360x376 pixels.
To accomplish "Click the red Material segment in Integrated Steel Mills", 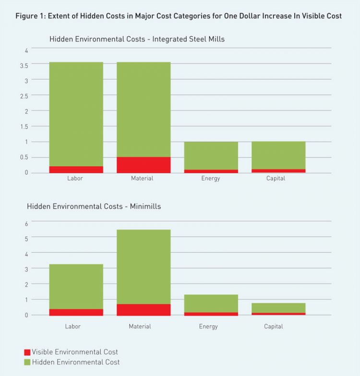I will [144, 165].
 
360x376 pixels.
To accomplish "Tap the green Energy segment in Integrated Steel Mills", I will [211, 156].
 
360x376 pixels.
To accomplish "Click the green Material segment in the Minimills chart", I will [144, 267].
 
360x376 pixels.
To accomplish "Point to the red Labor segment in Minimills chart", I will [76, 312].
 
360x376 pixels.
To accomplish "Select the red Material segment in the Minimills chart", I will [144, 310].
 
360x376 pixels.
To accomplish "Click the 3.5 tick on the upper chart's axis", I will [24, 65].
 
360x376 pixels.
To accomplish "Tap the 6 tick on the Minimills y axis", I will [26, 223].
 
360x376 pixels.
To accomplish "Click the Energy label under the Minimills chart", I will [209, 327].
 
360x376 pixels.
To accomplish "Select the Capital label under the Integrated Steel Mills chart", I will [276, 179].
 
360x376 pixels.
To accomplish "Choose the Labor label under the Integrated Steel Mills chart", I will [74, 179].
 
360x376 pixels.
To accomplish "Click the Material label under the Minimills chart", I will [140, 327].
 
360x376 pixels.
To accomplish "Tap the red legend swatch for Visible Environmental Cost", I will [27, 352].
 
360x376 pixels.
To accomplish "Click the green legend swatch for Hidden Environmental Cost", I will [27, 362].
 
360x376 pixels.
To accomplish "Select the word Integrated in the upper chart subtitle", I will [169, 39].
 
